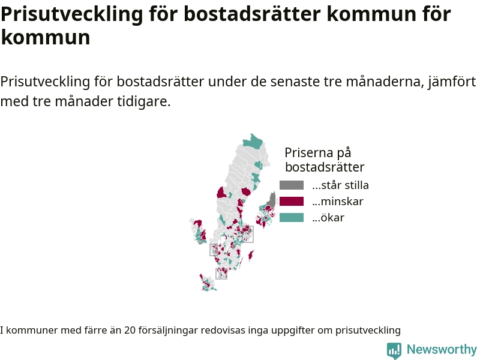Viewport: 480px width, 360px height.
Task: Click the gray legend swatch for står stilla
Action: coord(292,185)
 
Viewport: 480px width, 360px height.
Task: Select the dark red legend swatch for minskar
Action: coord(292,202)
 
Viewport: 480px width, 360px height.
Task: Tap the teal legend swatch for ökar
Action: coord(292,218)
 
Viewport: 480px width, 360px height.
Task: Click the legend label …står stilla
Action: coord(340,185)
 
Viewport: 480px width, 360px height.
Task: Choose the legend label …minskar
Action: coord(338,202)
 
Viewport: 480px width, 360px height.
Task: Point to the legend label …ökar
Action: coord(328,218)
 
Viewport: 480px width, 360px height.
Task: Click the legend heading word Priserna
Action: coord(309,152)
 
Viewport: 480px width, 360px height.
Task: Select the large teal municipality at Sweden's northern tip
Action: coord(253,142)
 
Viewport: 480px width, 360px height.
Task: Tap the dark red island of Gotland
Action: coord(251,254)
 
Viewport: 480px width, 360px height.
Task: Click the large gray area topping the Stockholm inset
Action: coord(272,199)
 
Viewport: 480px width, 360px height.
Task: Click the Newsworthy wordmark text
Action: coord(442,349)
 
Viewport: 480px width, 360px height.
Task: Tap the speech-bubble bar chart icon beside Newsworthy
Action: coord(394,350)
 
